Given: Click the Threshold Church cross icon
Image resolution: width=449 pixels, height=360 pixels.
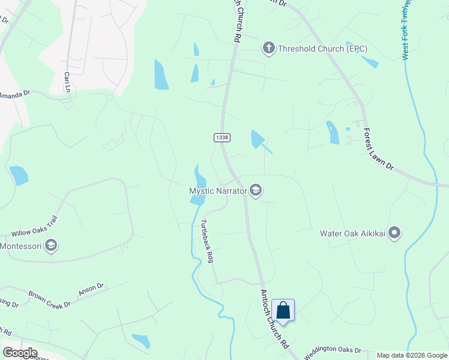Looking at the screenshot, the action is click(268, 48).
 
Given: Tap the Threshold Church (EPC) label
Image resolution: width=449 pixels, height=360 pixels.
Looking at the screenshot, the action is click(322, 49).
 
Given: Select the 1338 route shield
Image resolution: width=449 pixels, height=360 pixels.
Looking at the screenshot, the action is click(221, 137).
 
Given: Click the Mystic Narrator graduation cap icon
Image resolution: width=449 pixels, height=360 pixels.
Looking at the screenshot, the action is click(256, 191).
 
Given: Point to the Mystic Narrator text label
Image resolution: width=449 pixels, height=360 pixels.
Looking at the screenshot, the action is click(218, 191).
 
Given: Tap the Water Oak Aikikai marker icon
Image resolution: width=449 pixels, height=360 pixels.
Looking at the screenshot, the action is click(394, 233).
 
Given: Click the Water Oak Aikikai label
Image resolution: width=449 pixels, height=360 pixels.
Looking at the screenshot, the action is click(352, 233).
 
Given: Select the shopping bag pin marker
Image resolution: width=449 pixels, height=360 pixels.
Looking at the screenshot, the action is click(283, 311).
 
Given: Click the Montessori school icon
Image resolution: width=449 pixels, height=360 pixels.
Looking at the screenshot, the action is click(52, 246).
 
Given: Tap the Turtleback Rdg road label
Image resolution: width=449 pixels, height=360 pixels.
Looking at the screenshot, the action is click(207, 241).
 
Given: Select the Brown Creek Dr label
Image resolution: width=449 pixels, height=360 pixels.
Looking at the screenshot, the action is click(50, 299).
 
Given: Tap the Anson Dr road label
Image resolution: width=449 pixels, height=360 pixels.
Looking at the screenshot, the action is click(91, 290).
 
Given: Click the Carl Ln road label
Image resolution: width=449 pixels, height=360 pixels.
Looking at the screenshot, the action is click(67, 82).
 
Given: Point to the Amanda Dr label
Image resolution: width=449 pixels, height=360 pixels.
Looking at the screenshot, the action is click(15, 95).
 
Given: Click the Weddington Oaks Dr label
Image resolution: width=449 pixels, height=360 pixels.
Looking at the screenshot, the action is click(331, 352).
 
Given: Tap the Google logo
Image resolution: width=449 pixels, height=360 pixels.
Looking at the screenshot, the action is click(20, 353).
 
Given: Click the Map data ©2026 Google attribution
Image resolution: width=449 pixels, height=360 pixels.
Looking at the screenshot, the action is click(412, 356).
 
